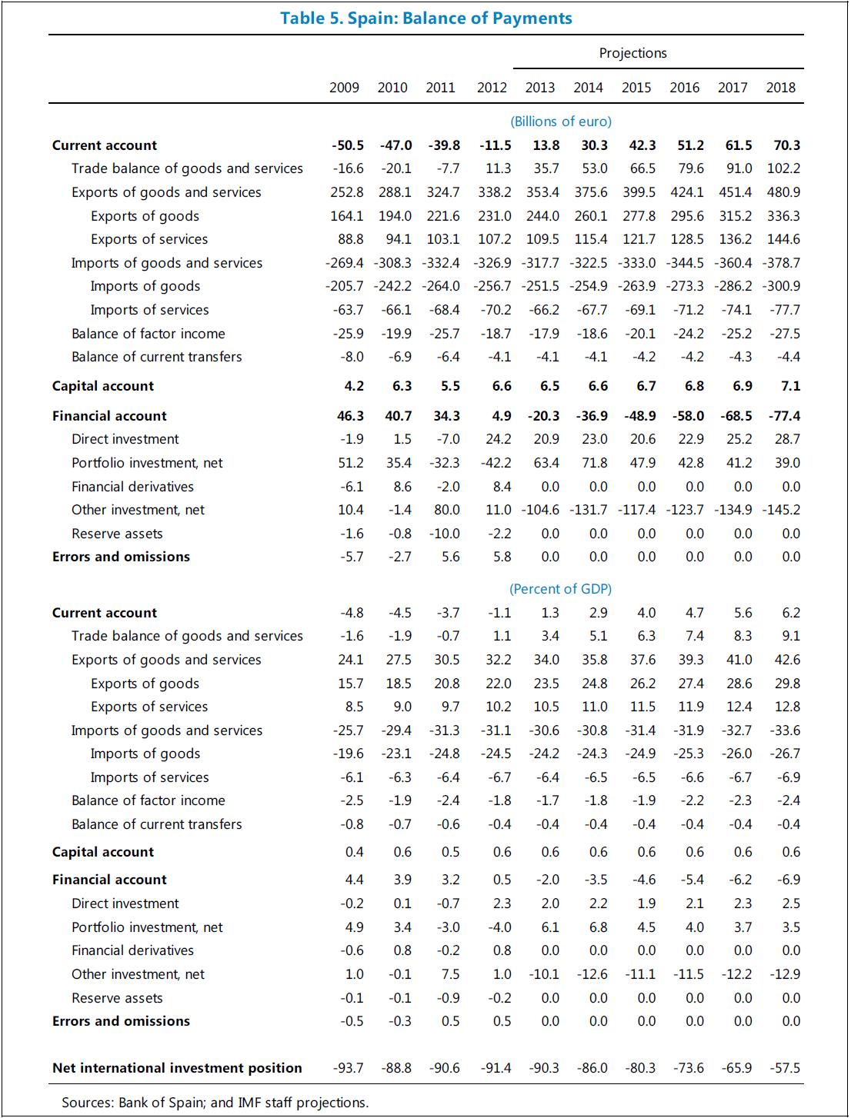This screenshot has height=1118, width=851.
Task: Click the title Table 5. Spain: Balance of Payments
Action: click(x=425, y=18)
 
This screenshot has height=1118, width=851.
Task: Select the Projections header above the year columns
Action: click(x=632, y=53)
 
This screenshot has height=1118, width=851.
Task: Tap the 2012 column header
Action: click(x=492, y=88)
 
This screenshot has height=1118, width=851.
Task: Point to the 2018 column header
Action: click(x=780, y=88)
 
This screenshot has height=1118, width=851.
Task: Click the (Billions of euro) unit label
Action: click(x=560, y=121)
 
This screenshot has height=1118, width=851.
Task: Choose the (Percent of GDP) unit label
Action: click(x=560, y=589)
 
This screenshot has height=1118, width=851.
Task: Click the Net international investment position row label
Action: click(x=177, y=1068)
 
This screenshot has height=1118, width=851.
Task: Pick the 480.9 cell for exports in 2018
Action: click(x=783, y=192)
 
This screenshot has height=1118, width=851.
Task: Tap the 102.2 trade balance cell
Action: click(x=783, y=168)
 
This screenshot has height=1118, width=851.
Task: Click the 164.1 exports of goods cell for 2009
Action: click(x=347, y=216)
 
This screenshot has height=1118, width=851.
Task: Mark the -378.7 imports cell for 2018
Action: click(x=781, y=263)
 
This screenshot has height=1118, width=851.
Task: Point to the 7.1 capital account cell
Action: click(x=790, y=386)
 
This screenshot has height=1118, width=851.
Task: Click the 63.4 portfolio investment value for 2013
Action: click(x=546, y=463)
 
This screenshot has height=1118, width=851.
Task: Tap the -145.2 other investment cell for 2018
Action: click(x=781, y=510)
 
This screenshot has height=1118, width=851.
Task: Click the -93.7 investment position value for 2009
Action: click(x=349, y=1068)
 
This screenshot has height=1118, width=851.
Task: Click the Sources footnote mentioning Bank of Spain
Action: click(x=215, y=1103)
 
